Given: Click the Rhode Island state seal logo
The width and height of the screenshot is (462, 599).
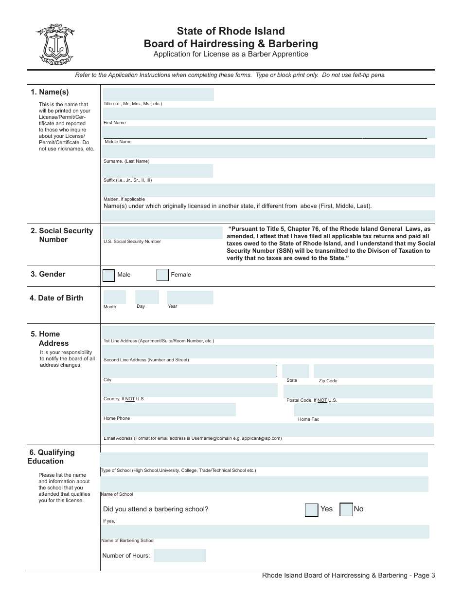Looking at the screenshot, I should pos(54,44).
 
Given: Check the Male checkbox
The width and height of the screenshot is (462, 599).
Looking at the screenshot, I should pos(109,275).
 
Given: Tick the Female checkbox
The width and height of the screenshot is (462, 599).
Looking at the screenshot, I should pos(162,275).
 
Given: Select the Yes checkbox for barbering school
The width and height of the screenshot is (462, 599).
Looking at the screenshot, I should pos(311,510).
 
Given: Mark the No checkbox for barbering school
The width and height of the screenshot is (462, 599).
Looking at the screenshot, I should pos(346,509).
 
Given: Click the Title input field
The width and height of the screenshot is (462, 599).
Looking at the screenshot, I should pos(158,94).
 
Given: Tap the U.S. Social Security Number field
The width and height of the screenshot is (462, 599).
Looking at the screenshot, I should pos(162,233).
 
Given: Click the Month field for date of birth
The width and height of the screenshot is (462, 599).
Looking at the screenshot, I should pos(114,297).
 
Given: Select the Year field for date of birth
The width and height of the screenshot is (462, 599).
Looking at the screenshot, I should pos(190,297).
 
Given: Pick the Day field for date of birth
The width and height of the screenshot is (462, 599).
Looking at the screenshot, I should pos(147,297).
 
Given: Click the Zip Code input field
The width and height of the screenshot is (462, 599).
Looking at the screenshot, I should pos(373,371).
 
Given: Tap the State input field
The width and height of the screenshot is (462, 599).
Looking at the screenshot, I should pos(295,371).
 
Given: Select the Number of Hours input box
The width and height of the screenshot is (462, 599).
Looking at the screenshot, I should pos(179,555).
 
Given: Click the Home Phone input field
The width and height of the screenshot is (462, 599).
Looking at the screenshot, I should pos(169,410).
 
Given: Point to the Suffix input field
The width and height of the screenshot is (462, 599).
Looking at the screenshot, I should pos(158,171).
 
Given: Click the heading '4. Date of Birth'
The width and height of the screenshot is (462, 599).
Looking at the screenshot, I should pos(56,298).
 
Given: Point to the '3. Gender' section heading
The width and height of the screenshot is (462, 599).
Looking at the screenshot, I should pos(48,274).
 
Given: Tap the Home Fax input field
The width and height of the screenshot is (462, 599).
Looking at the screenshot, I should pos(363,410).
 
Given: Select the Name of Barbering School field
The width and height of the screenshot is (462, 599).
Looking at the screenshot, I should pos(265,532).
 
